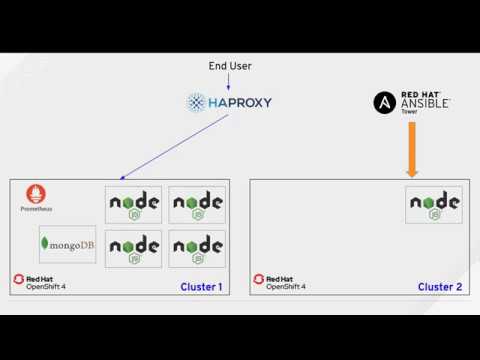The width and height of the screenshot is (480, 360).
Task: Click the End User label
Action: click(x=230, y=66)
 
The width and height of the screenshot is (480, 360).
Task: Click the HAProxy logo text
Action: click(x=240, y=102)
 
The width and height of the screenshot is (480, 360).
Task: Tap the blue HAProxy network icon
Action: click(x=196, y=102)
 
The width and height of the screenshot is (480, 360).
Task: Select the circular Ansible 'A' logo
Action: click(x=385, y=102)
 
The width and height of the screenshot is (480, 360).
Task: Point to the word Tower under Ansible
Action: click(x=409, y=112)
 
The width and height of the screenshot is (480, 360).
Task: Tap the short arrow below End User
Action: click(x=229, y=82)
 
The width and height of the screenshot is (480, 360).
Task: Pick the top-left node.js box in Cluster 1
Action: click(x=134, y=204)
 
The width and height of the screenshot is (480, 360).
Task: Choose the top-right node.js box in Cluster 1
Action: click(x=197, y=204)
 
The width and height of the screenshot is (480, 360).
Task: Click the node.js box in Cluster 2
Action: click(x=435, y=204)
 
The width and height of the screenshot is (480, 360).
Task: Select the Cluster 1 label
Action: click(x=201, y=287)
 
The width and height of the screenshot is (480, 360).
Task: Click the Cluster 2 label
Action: click(x=440, y=287)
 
